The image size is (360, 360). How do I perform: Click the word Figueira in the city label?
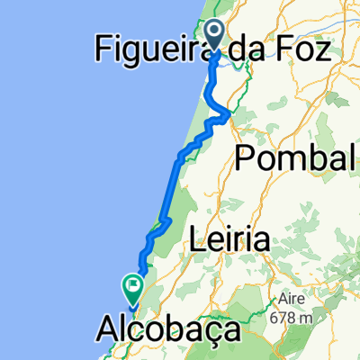coord(148,49)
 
